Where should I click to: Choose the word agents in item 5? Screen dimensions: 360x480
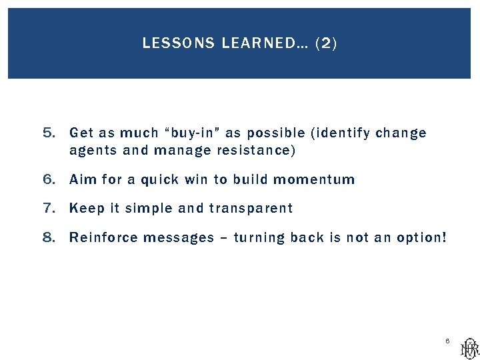(x=93, y=151)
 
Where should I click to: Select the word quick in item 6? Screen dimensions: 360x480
(x=163, y=179)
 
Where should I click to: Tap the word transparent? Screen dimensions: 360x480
(x=251, y=209)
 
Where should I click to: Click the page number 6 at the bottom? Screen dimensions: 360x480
(x=447, y=341)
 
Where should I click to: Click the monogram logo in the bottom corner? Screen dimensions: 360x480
(x=469, y=347)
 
